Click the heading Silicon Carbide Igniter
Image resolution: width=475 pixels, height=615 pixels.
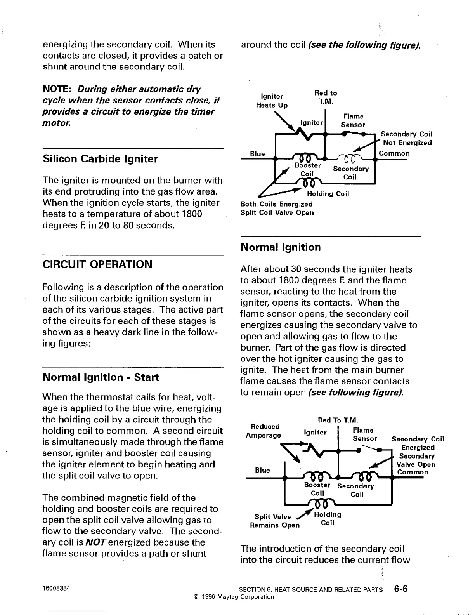click(100, 159)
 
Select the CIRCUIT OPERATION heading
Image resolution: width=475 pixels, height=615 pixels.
click(97, 264)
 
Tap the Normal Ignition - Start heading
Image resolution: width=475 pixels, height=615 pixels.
click(101, 377)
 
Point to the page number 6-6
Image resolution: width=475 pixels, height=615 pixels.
click(400, 589)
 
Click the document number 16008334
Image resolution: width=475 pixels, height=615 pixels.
click(56, 589)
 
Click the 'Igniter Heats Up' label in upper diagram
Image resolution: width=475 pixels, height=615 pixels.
click(272, 101)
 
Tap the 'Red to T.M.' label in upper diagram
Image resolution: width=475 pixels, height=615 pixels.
click(326, 97)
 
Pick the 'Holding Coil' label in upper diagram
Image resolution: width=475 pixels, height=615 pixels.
click(328, 194)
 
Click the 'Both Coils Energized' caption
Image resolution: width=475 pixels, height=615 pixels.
click(276, 204)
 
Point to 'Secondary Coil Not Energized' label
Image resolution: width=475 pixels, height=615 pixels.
click(407, 138)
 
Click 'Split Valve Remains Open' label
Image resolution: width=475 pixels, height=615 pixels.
click(275, 521)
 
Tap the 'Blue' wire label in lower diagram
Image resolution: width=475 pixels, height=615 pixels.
click(262, 470)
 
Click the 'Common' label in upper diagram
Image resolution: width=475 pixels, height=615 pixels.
click(394, 153)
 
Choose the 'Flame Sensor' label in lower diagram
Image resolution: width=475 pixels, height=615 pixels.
click(364, 434)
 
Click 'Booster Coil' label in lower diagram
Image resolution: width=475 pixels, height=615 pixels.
click(317, 489)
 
